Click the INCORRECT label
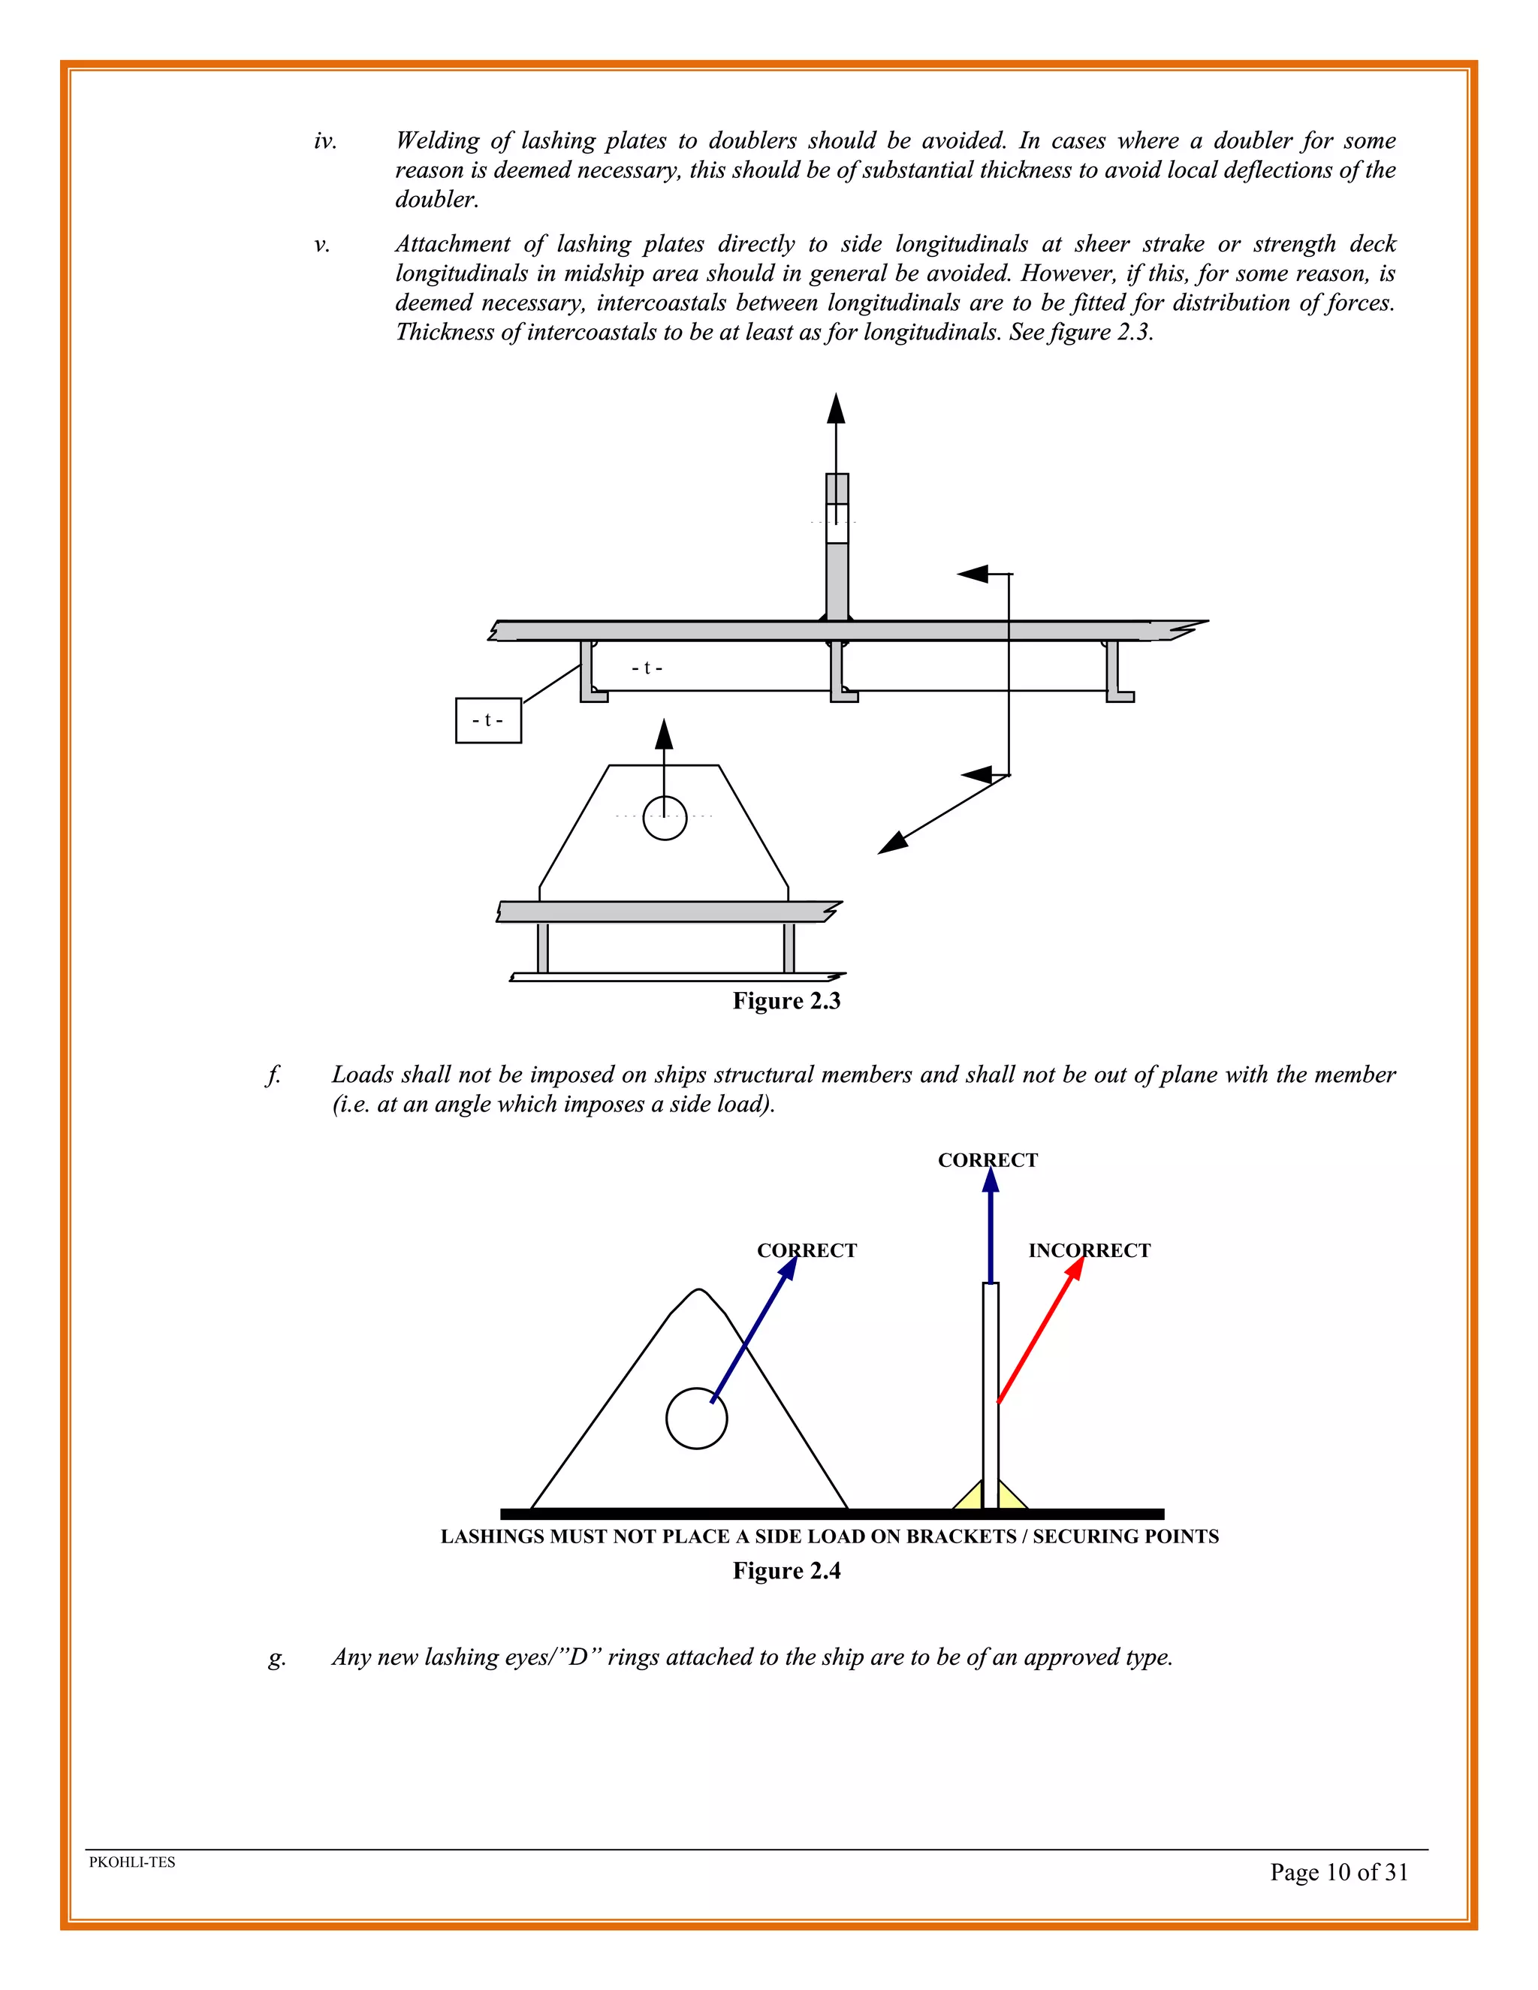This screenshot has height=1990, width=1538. point(1089,1250)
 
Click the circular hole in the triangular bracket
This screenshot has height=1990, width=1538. point(696,1418)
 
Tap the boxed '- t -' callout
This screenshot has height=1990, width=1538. point(488,720)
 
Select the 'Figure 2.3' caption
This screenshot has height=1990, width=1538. point(786,1000)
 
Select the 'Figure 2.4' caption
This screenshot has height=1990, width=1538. point(786,1570)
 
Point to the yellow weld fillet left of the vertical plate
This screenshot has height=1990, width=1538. point(970,1495)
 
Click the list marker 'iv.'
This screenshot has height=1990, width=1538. point(325,141)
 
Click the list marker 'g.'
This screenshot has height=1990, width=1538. point(277,1657)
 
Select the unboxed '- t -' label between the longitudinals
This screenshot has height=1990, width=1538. point(647,668)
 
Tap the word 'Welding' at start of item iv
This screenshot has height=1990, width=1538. point(436,141)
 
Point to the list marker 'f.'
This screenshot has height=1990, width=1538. point(273,1075)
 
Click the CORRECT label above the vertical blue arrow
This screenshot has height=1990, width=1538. point(988,1160)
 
